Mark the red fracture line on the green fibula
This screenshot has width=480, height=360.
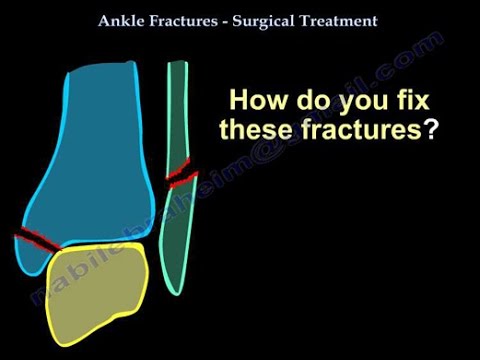click(x=182, y=178)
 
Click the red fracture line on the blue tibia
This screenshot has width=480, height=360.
click(x=38, y=240)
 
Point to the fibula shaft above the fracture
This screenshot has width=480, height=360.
click(x=178, y=110)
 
